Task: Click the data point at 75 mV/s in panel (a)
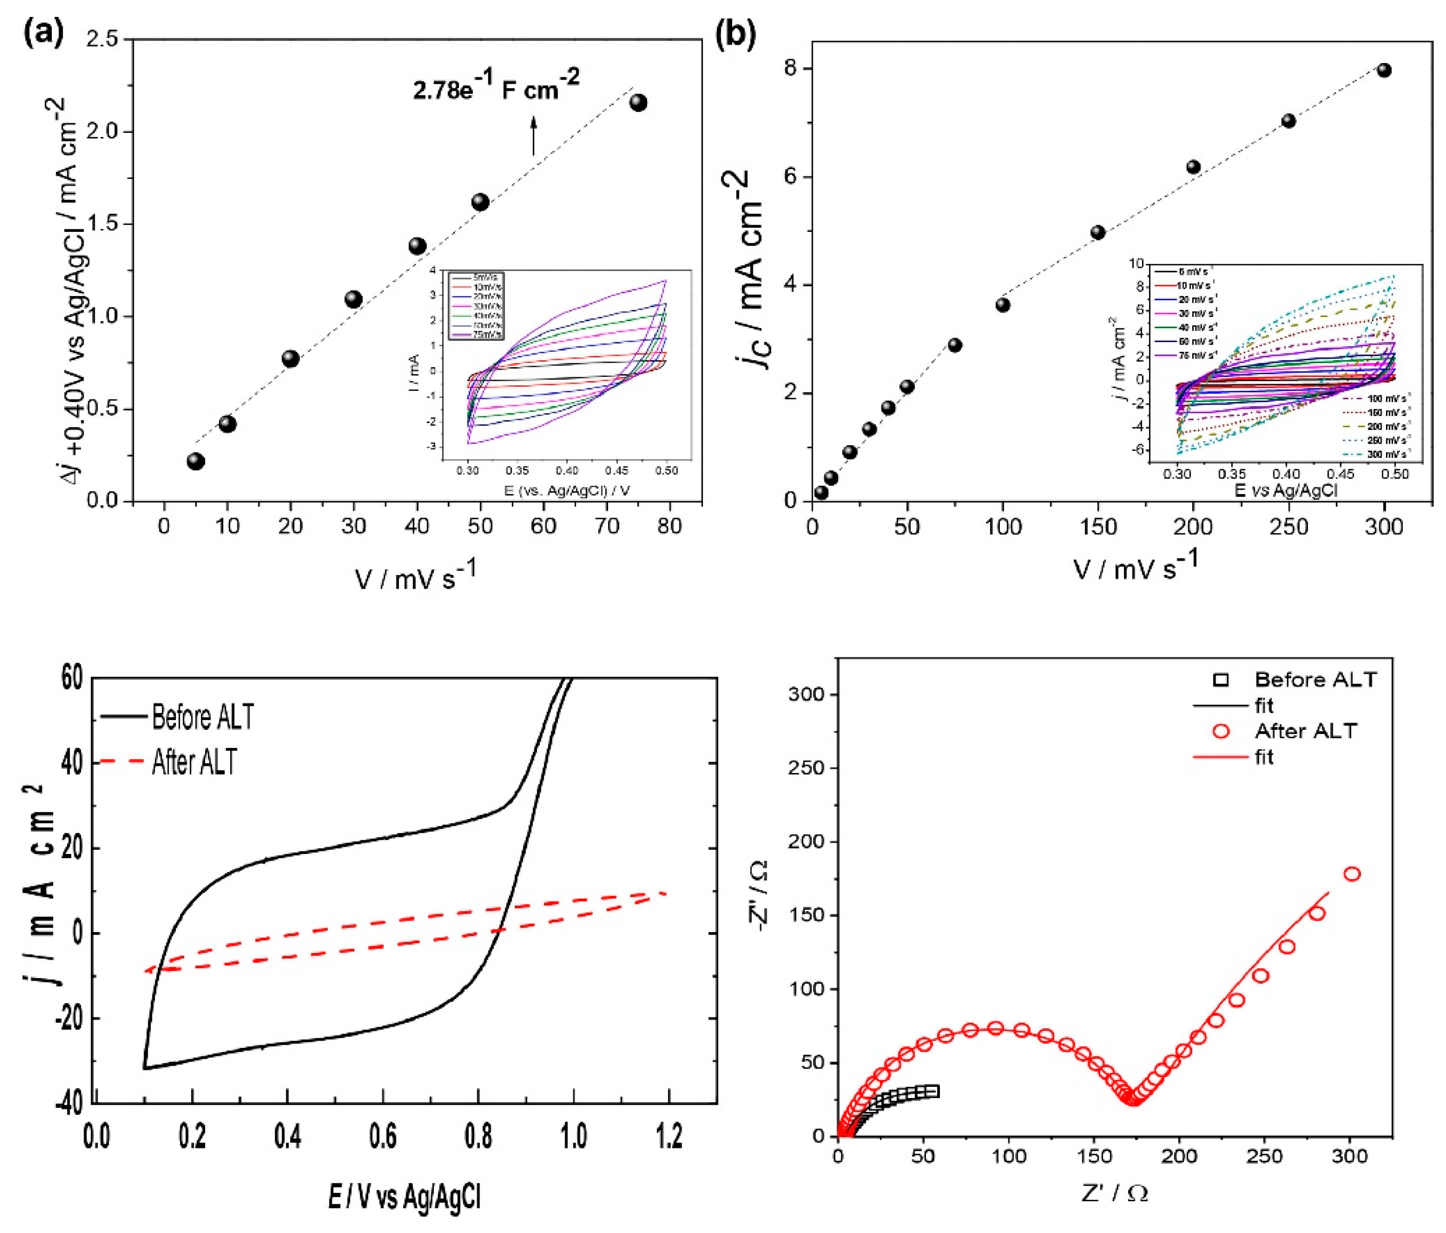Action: click(638, 103)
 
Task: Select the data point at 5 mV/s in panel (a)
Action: click(196, 461)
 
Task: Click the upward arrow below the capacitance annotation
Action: click(533, 136)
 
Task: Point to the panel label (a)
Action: click(43, 33)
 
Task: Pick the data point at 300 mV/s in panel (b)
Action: click(1384, 70)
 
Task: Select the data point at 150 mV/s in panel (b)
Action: click(1098, 232)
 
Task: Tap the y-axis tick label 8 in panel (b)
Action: click(789, 68)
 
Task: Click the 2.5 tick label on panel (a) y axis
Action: click(102, 40)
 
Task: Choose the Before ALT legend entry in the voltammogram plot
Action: click(203, 717)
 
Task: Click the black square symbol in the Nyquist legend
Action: click(1221, 680)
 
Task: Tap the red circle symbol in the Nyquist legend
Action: click(1221, 731)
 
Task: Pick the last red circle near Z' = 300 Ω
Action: click(1352, 874)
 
